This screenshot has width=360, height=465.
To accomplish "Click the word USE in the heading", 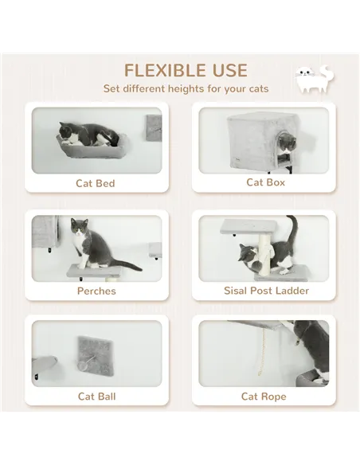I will pyautogui.click(x=226, y=71).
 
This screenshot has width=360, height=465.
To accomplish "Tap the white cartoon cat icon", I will pyautogui.click(x=313, y=80).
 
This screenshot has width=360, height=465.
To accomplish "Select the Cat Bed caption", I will pyautogui.click(x=96, y=183).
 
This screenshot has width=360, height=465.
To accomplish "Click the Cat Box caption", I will pyautogui.click(x=265, y=182).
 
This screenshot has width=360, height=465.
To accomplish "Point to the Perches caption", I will pyautogui.click(x=96, y=291).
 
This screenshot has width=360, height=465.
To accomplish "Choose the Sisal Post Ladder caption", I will pyautogui.click(x=266, y=291).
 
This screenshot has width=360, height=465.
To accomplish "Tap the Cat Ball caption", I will pyautogui.click(x=96, y=396).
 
